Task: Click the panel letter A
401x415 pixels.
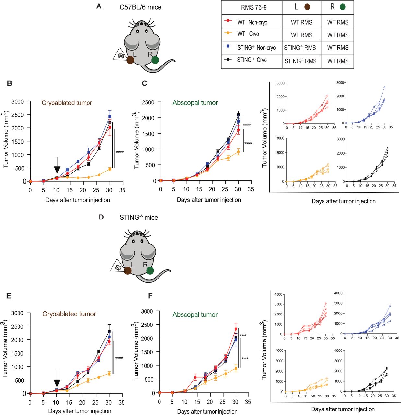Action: coord(99,6)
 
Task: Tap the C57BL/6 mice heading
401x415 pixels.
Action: coord(140,7)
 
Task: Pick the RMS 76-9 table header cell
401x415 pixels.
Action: coord(254,7)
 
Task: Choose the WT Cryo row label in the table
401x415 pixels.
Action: coord(248,34)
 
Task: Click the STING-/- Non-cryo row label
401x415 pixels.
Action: coord(256,48)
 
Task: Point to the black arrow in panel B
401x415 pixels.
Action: coord(57,166)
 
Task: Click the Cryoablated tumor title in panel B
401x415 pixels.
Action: coord(67,103)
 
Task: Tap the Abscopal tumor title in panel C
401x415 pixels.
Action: coord(195,103)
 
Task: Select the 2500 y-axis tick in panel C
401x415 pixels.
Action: coord(148,102)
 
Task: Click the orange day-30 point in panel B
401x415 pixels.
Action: coord(110,169)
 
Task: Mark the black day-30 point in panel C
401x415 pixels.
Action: coord(238,115)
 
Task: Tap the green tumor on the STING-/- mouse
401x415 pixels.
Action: coord(150,271)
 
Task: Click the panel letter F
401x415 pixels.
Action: coord(150,296)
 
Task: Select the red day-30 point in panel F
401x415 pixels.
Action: coord(236,329)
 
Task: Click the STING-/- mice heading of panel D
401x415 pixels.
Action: coord(139,218)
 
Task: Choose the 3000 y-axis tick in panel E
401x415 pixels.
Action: coord(18,313)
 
